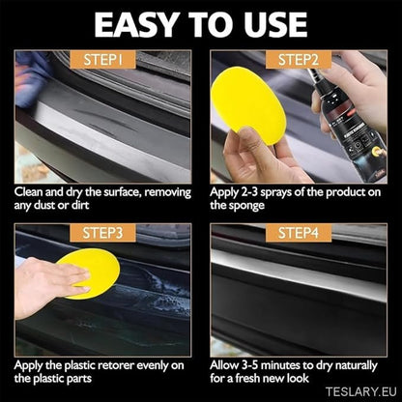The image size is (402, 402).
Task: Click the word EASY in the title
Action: (x=137, y=23)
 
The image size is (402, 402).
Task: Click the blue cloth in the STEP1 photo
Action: (x=32, y=72)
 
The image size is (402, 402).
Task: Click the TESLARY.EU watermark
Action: (x=358, y=390)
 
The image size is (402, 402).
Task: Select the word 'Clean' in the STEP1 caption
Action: (x=32, y=191)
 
